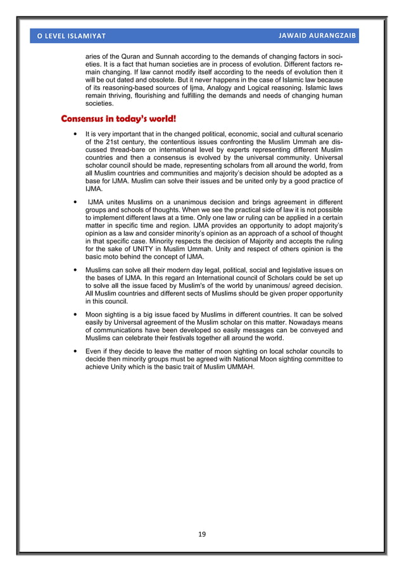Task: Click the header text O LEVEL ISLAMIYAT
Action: coord(71,36)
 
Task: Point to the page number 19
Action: coord(202,535)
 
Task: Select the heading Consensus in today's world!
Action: coord(118,119)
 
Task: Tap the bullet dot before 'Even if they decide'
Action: coord(76,351)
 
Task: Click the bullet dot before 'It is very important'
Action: coord(76,134)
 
